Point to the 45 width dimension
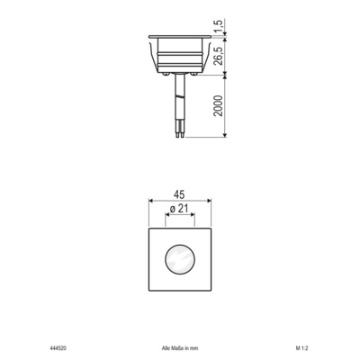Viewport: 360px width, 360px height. [x=181, y=193]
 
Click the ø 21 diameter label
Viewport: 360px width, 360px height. [x=180, y=210]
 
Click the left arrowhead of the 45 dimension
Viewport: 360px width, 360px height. [x=148, y=202]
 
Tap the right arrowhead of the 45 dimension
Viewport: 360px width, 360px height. [x=212, y=202]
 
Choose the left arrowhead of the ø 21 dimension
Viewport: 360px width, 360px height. [x=166, y=218]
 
